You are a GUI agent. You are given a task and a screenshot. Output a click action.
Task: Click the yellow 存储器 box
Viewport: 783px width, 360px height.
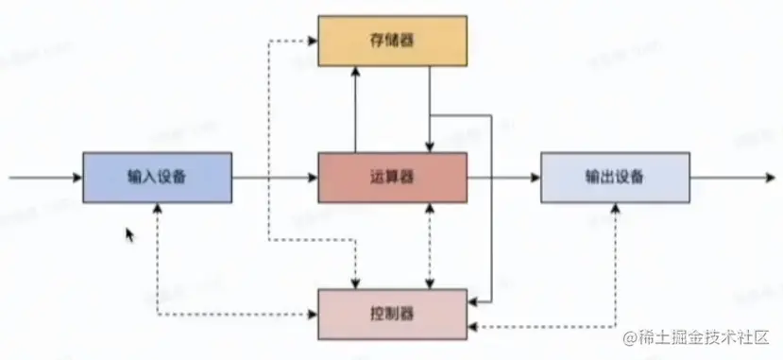[x=392, y=40]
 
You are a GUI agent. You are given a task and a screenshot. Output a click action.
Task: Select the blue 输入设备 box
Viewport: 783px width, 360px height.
[x=157, y=177]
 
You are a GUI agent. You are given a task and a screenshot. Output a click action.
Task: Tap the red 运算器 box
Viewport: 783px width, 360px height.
[x=392, y=177]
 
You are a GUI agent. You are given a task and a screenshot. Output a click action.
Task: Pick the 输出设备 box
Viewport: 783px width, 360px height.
[x=615, y=177]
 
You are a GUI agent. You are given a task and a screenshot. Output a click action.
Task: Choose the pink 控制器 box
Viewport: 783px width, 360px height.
[x=392, y=312]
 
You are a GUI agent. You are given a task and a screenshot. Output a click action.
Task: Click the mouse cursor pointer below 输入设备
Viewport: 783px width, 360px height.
[x=130, y=234]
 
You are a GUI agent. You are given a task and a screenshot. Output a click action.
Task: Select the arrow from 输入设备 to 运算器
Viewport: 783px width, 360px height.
[x=274, y=177]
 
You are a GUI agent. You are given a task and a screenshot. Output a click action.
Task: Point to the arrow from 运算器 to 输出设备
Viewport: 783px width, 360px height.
[x=503, y=177]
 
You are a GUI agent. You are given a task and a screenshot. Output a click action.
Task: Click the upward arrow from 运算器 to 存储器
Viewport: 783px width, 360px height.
[x=355, y=109]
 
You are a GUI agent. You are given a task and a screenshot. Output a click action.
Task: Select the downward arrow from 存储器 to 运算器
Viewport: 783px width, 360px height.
[x=430, y=109]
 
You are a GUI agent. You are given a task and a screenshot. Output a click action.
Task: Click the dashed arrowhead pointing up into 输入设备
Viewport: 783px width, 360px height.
[x=157, y=209]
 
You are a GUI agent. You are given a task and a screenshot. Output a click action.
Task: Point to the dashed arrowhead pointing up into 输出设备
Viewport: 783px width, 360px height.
[x=616, y=209]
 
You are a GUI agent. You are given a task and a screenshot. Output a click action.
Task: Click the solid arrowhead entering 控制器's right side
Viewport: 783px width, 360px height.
[x=474, y=301]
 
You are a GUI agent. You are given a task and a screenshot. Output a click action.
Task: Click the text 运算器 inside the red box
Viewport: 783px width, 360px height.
[x=392, y=177]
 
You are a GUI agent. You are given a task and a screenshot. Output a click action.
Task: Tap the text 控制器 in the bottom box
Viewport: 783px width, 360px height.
[x=392, y=312]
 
